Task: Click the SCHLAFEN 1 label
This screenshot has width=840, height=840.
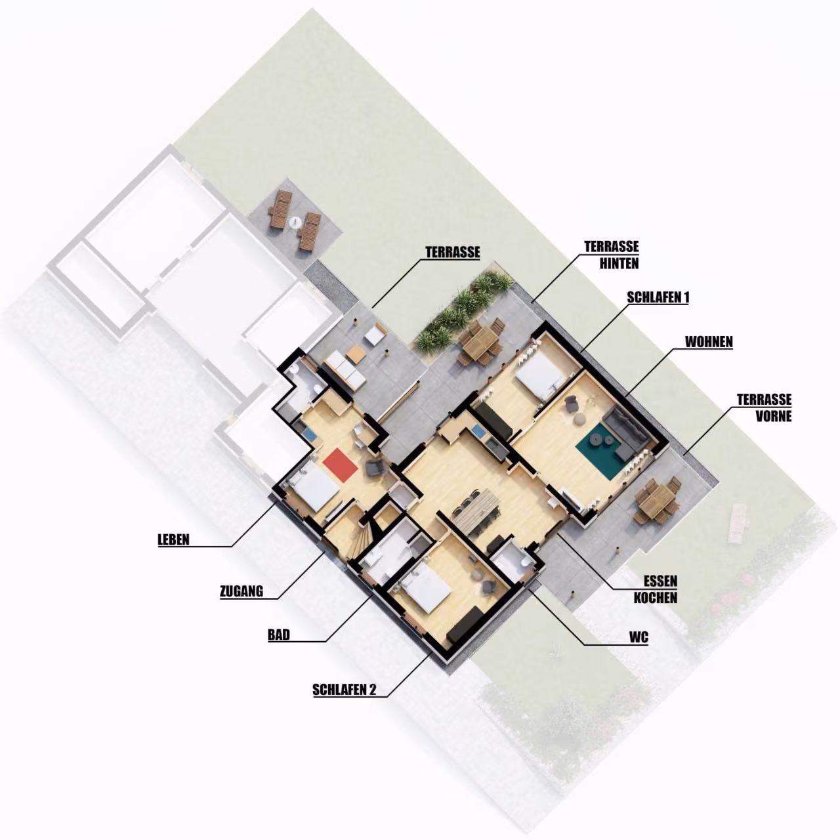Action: pos(658,297)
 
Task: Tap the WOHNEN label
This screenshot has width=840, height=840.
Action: pos(709,342)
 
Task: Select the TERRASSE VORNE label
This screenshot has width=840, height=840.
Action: pos(764,408)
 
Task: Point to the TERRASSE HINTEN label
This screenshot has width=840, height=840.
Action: pos(612,255)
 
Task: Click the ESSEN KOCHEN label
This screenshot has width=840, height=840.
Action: pos(656,589)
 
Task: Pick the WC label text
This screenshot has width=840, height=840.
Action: pos(639,638)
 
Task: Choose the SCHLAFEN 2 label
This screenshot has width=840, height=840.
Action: pos(345,690)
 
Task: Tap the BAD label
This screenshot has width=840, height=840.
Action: pos(279,635)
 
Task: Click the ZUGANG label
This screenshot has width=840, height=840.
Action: pos(241,591)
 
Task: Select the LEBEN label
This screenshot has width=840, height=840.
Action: pos(173,539)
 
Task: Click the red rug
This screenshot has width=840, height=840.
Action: pos(341,465)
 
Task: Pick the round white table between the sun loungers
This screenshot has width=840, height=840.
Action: pos(295,222)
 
